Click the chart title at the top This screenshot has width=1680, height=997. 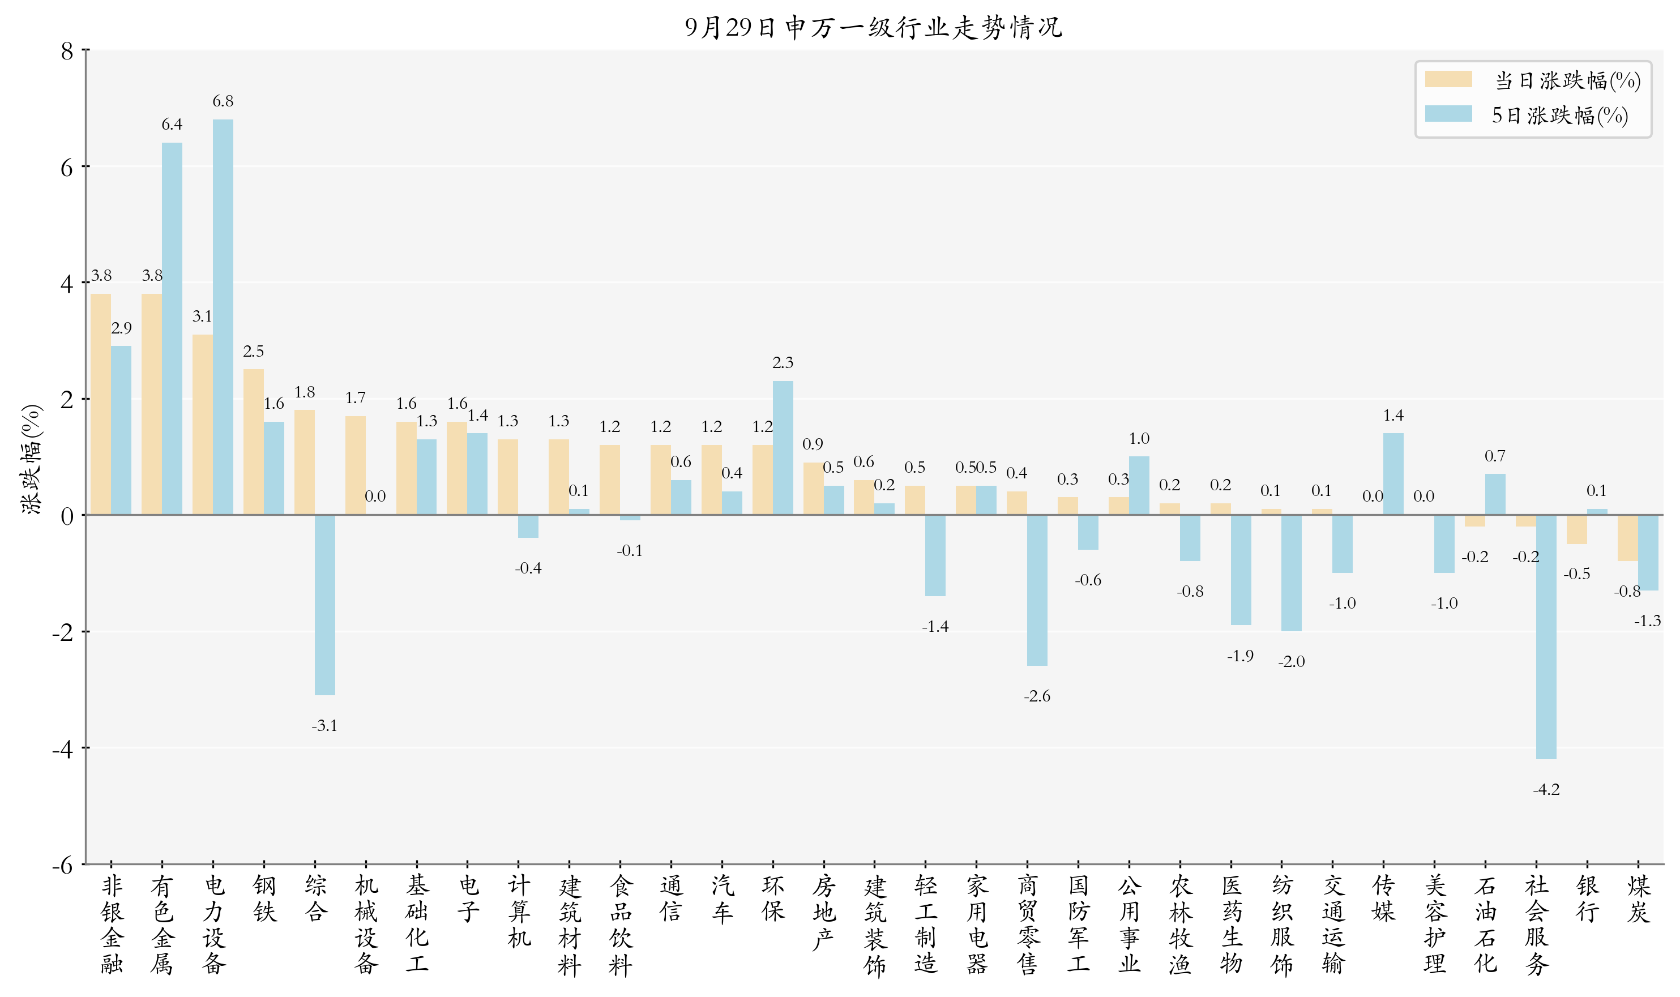(x=873, y=28)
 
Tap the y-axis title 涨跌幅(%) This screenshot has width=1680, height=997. (x=32, y=460)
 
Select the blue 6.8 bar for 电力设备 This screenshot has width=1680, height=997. (x=223, y=317)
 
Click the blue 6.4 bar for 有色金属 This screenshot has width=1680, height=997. (x=172, y=329)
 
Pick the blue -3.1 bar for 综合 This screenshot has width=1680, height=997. (x=324, y=605)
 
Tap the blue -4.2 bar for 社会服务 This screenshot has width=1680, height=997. (x=1546, y=637)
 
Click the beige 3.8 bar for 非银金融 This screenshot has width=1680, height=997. (x=101, y=404)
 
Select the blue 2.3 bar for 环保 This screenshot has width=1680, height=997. (x=783, y=448)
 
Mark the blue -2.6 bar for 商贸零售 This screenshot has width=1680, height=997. (x=1037, y=591)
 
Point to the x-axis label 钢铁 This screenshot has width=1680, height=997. (x=264, y=898)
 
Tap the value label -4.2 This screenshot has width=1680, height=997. (x=1546, y=789)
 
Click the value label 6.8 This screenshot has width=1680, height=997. (x=223, y=101)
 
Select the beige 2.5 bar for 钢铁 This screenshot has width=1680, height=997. (x=253, y=442)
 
